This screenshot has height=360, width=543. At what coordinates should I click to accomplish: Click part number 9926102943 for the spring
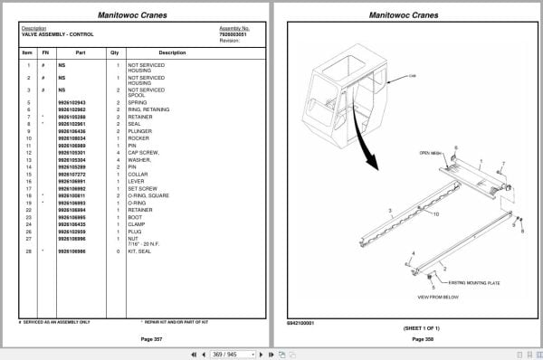[71, 102]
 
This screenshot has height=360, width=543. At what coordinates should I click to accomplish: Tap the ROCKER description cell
[137, 138]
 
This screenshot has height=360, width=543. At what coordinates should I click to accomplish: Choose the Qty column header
[115, 52]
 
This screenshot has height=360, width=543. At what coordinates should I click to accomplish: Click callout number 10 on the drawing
[435, 213]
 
